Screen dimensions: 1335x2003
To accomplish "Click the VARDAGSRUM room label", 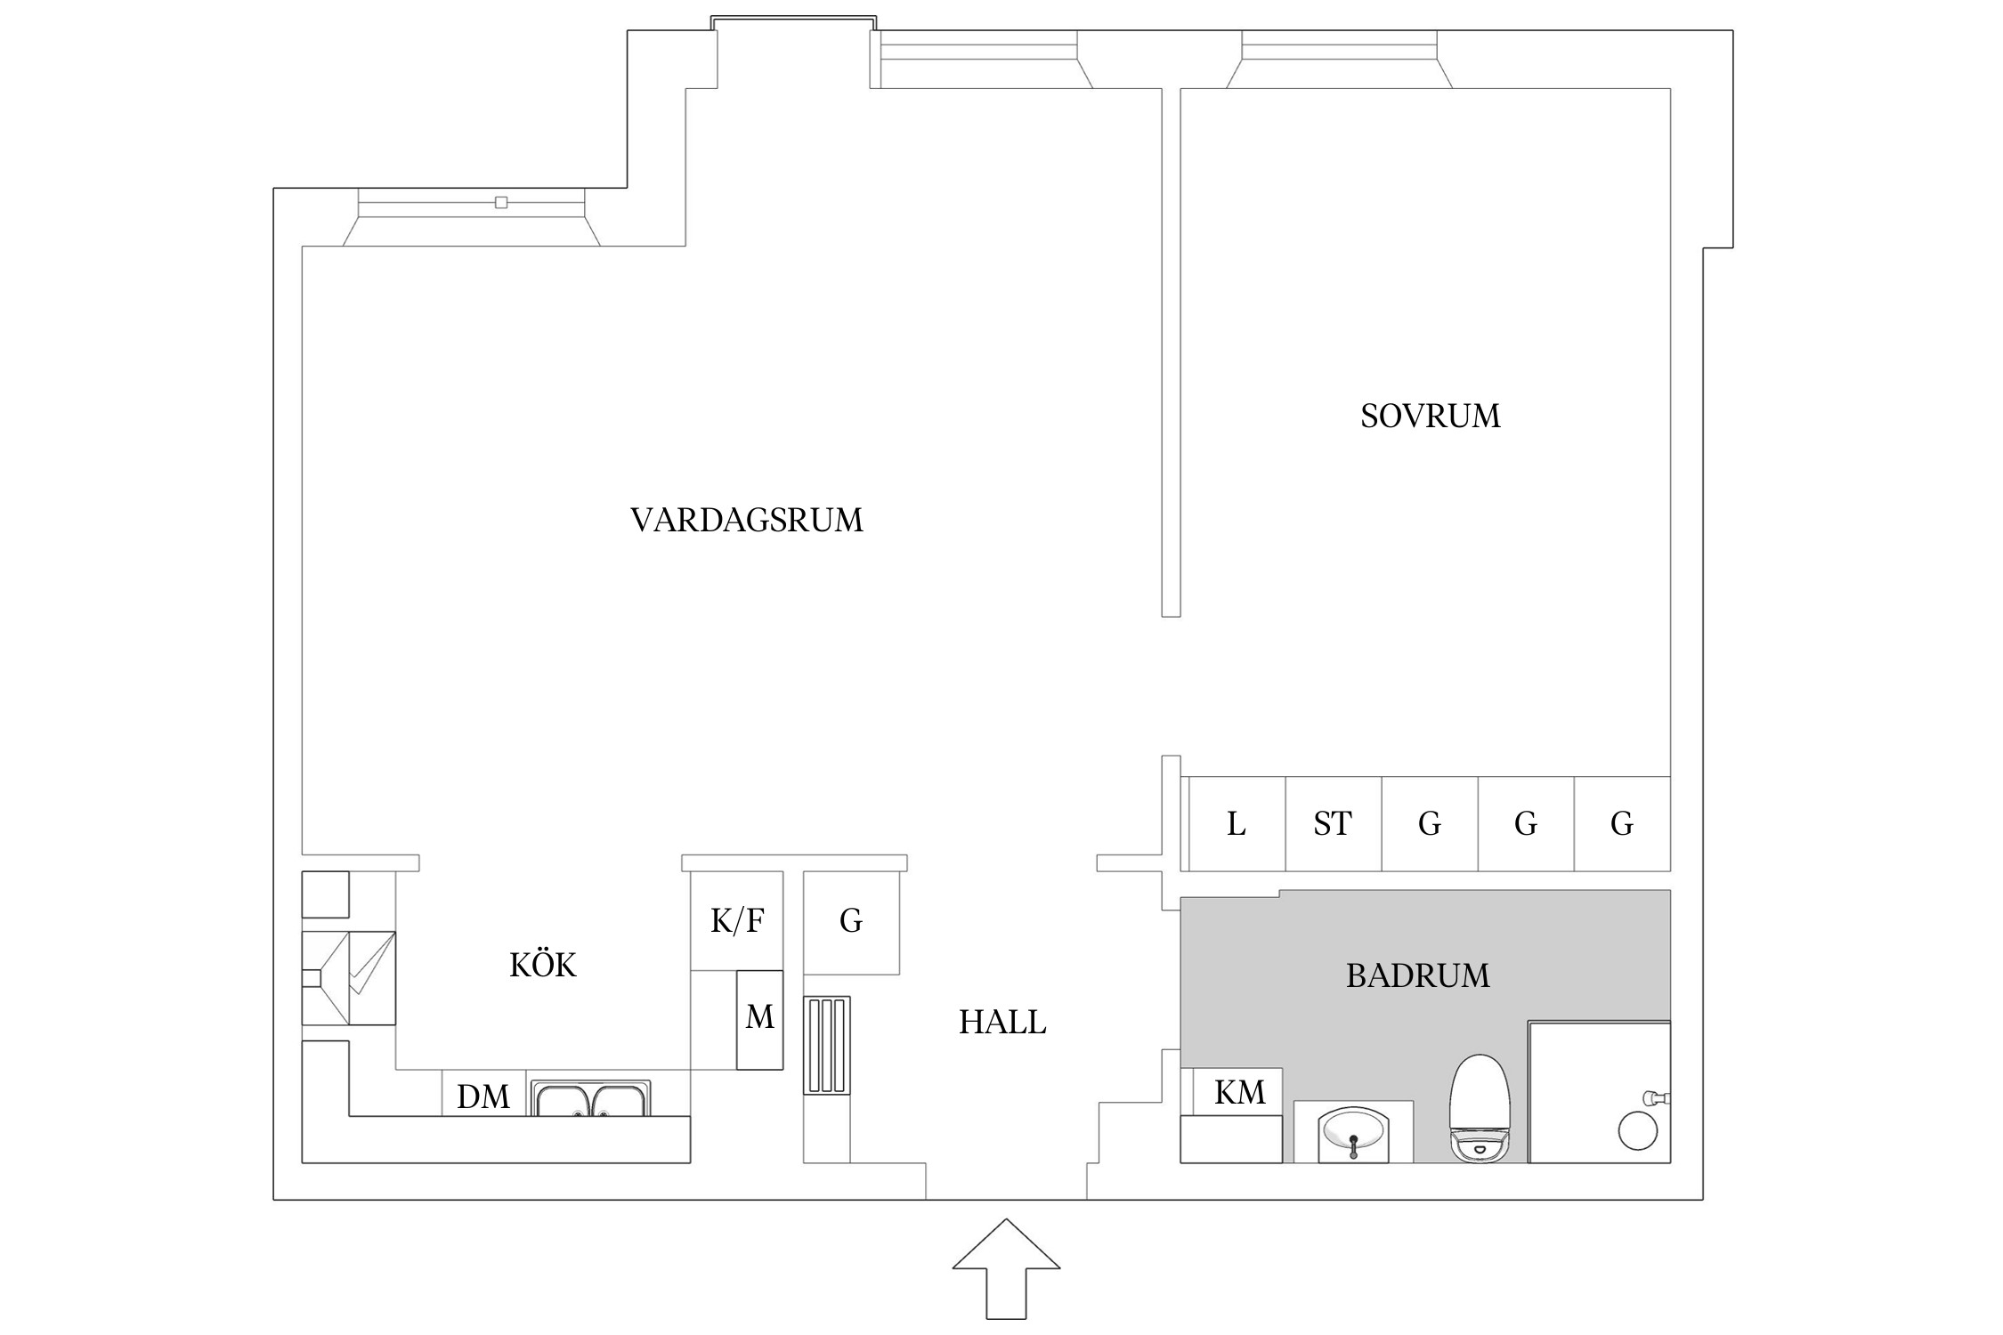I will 746,521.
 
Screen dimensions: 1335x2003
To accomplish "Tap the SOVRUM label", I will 1430,417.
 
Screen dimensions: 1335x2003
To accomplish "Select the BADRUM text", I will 1417,976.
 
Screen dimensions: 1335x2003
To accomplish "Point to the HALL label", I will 1002,1023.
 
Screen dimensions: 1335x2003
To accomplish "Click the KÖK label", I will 542,966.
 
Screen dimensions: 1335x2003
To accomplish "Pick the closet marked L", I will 1237,824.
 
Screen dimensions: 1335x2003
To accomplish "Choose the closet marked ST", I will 1333,824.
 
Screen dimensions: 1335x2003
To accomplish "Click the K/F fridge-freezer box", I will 736,921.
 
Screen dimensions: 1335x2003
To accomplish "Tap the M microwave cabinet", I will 759,1019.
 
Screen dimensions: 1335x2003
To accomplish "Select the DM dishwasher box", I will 483,1096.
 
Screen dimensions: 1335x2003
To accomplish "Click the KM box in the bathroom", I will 1239,1092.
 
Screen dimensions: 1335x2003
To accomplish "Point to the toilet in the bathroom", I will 1480,1108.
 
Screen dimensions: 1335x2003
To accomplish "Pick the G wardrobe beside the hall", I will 851,921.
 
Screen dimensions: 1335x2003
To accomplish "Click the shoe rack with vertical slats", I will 827,1046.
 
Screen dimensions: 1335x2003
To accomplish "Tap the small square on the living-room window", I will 501,203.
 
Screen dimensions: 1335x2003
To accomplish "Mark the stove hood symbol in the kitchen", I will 349,978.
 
